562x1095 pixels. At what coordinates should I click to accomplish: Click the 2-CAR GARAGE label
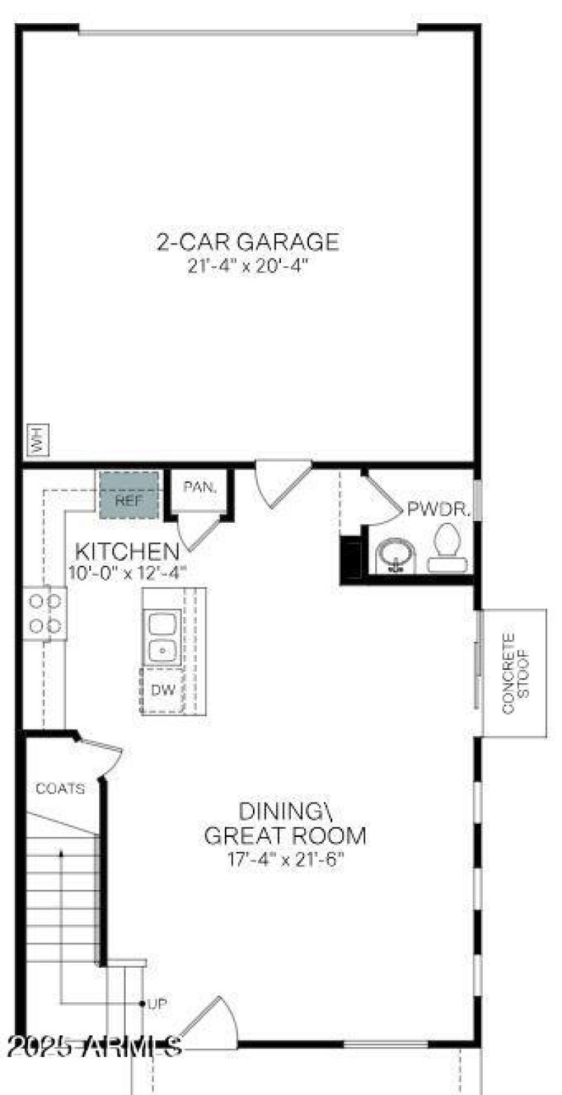[247, 242]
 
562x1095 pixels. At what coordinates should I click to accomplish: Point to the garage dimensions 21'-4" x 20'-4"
[247, 267]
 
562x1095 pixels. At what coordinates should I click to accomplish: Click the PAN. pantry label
[200, 486]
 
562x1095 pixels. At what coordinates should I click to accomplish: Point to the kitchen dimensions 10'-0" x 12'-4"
[127, 572]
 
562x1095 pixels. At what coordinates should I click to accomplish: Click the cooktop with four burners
[45, 614]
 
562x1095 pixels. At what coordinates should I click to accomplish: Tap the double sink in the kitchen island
[162, 637]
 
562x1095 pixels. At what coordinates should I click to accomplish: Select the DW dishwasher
[163, 690]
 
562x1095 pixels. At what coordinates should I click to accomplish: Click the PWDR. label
[438, 510]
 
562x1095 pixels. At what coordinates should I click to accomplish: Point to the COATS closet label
[60, 789]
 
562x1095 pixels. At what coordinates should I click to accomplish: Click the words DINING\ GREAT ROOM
[285, 824]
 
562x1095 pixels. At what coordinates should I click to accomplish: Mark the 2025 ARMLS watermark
[96, 1047]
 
